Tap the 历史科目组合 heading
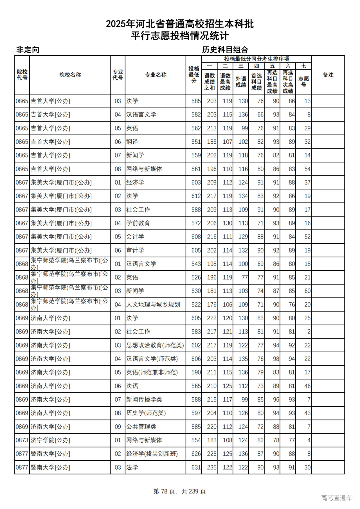[225, 50]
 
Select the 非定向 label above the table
[28, 50]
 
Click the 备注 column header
[328, 75]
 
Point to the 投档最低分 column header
[194, 75]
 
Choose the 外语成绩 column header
[241, 82]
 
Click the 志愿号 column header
[303, 82]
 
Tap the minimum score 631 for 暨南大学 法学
[196, 467]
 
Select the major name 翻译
[132, 142]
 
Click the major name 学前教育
[138, 223]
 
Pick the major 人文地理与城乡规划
[153, 305]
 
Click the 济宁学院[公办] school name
[50, 440]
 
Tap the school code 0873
[22, 440]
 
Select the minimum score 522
[196, 305]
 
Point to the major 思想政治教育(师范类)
[155, 345]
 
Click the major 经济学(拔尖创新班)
[152, 454]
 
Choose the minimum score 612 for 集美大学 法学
[196, 196]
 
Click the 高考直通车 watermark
[336, 498]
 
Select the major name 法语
[132, 386]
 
